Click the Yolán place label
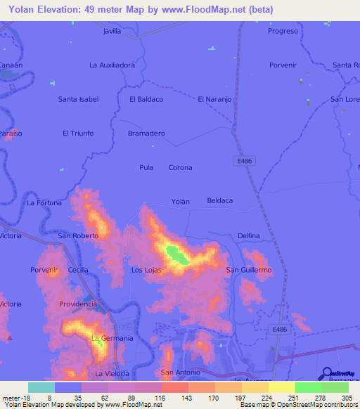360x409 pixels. pos(181,201)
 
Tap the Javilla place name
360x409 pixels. pos(112,32)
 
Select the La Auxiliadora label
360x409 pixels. pos(112,65)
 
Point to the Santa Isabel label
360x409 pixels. pos(77,99)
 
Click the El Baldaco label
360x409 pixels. pos(146,99)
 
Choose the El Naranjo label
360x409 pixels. pos(214,99)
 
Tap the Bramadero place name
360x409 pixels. pos(146,133)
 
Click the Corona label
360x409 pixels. pos(180,167)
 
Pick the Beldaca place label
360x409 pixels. pos(219,201)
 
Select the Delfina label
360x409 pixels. pos(249,235)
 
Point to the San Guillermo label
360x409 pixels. pos(248,270)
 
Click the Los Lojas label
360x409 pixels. pos(147,270)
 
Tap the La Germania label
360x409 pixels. pos(112,338)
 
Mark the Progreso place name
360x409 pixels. pos(283,32)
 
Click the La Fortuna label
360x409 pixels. pos(44,202)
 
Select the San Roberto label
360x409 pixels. pos(78,235)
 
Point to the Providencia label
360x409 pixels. pos(77,304)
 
